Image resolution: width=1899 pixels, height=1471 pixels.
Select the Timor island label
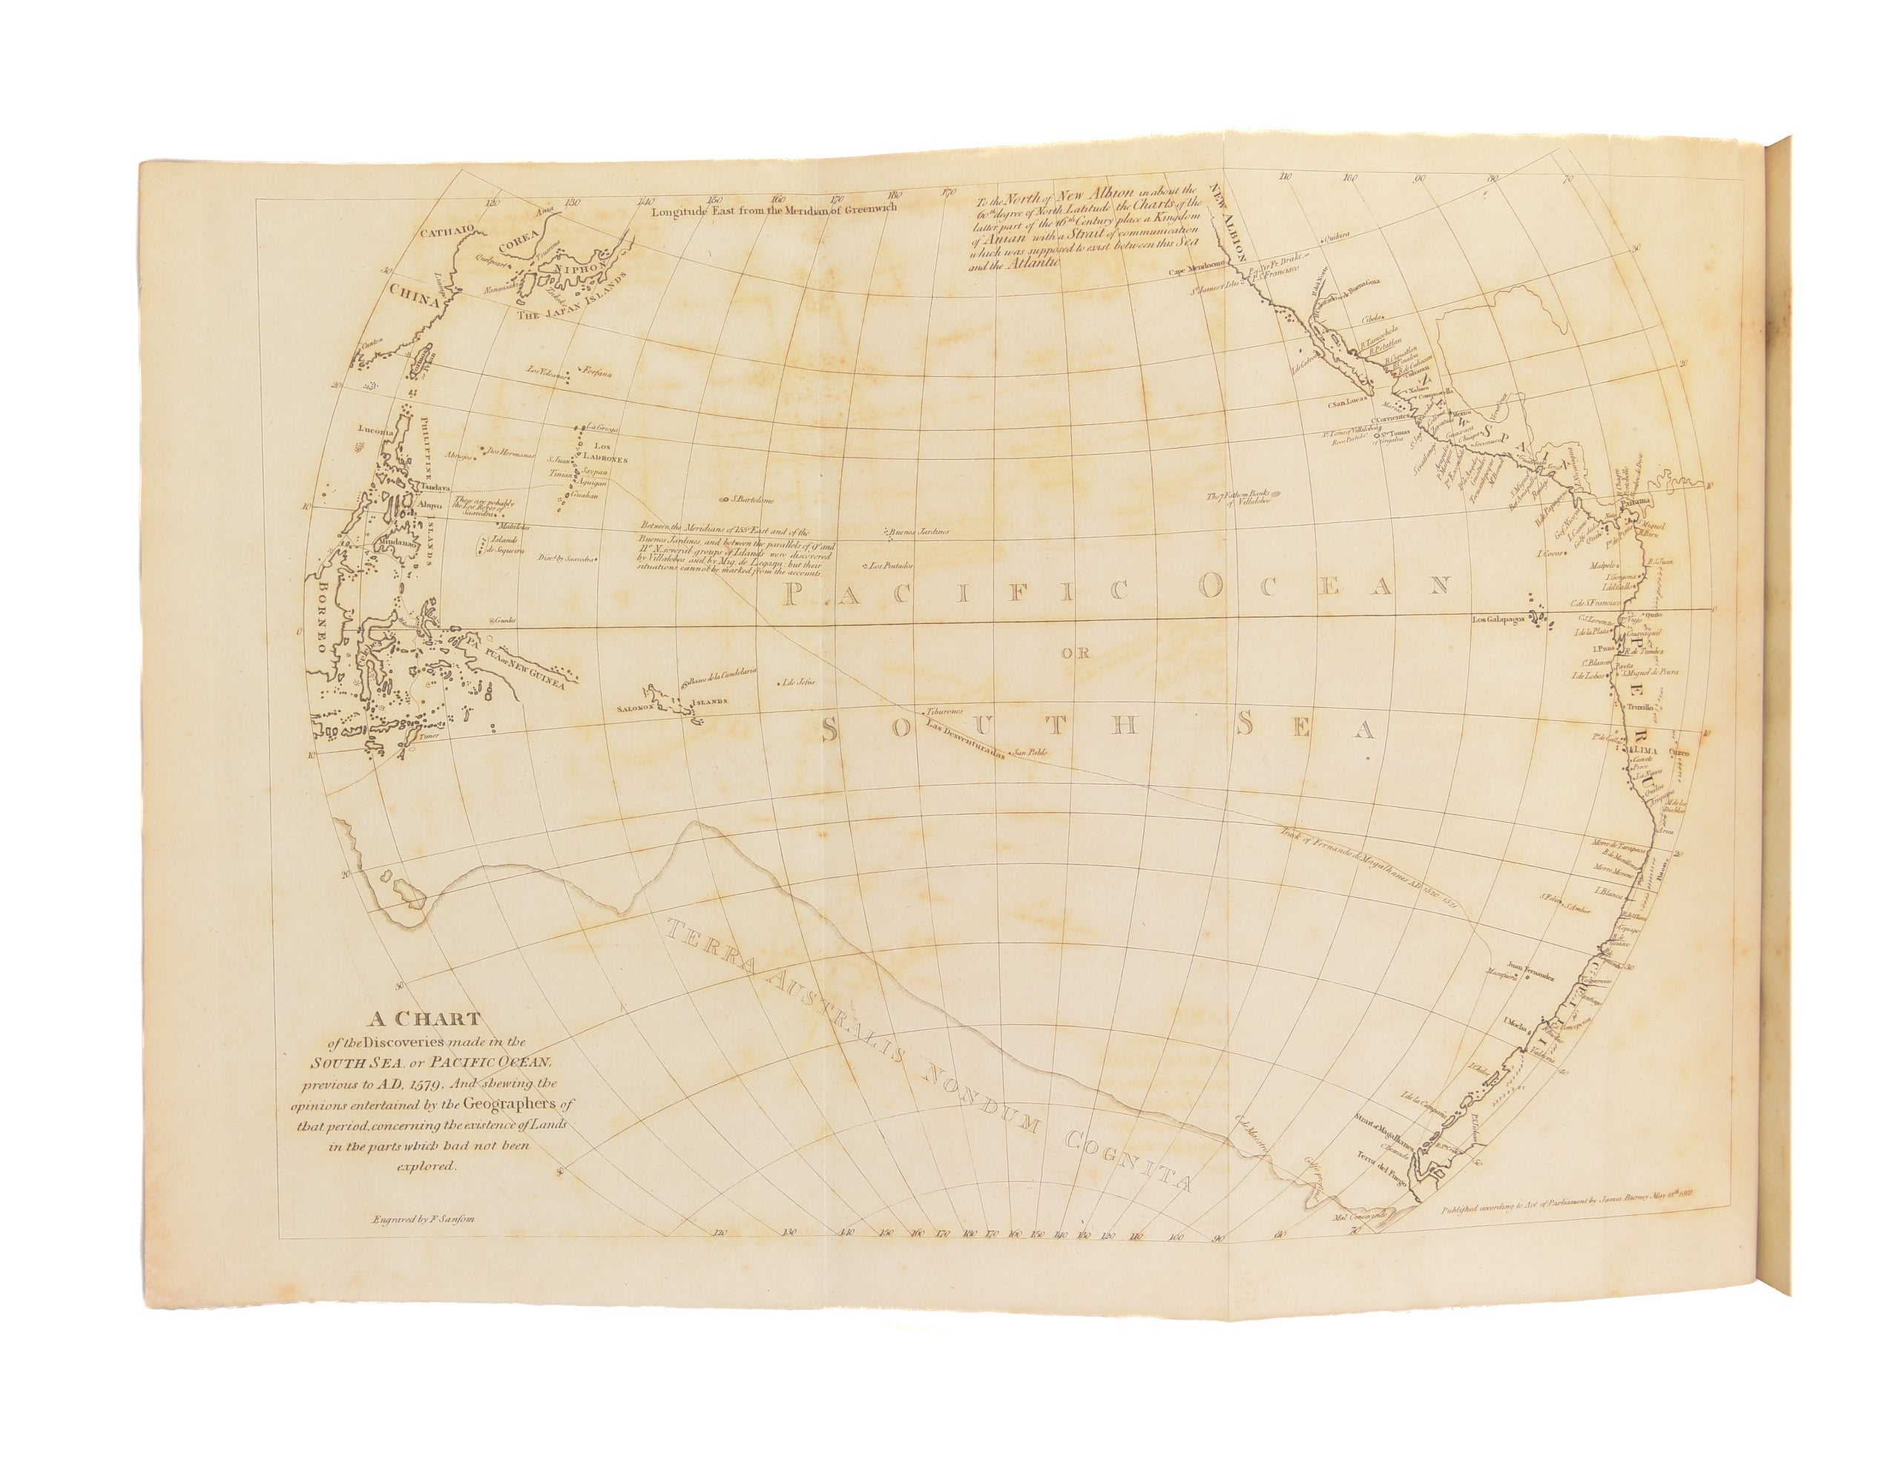point(430,737)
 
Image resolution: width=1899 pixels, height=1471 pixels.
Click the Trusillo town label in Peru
point(1637,708)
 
